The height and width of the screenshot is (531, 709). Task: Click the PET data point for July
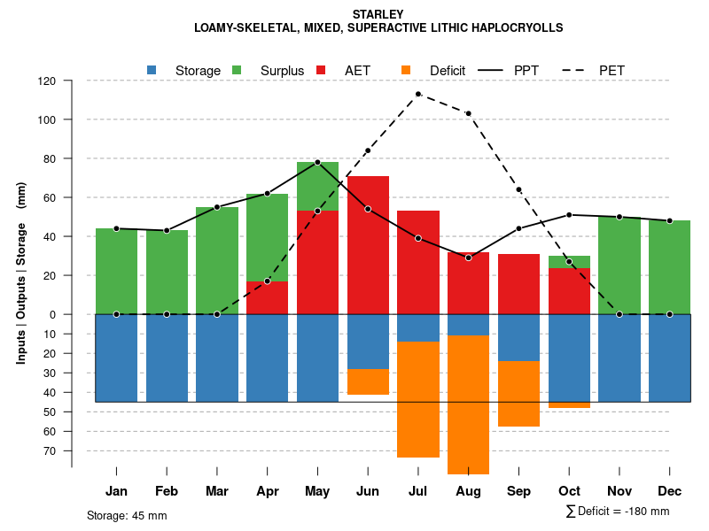[x=417, y=94]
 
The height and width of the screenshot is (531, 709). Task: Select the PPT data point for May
[x=317, y=162]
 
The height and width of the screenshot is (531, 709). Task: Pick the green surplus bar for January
[x=116, y=271]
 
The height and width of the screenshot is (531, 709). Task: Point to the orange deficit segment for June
[x=368, y=382]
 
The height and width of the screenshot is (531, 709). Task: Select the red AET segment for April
[x=267, y=297]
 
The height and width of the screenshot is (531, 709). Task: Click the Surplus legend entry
[x=282, y=71]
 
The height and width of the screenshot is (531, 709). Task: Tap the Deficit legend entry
[x=447, y=71]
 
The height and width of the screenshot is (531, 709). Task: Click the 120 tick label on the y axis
[x=47, y=81]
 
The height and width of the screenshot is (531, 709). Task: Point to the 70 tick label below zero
[x=49, y=450]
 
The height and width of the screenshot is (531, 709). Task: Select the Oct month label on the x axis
[x=569, y=491]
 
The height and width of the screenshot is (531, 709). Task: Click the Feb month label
[x=167, y=491]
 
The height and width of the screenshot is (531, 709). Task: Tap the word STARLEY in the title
[x=378, y=14]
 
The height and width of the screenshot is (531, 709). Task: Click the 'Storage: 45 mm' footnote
[x=127, y=515]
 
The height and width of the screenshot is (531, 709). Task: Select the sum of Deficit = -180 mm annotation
[x=617, y=512]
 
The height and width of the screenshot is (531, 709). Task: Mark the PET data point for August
[x=468, y=113]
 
